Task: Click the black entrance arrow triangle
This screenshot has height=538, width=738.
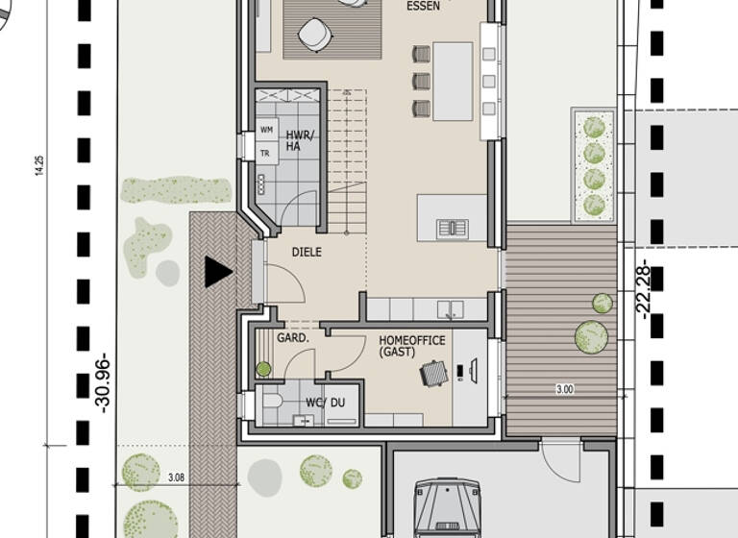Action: point(217,272)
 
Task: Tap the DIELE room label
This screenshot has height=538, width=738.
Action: point(307,253)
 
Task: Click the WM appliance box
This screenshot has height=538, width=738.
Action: point(266,130)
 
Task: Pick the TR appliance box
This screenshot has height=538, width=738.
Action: point(266,153)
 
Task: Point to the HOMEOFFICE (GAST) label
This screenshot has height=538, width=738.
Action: point(411,347)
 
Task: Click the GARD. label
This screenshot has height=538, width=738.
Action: point(292,338)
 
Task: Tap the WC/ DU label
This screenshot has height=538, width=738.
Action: point(324,403)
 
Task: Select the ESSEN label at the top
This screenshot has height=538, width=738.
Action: point(424,5)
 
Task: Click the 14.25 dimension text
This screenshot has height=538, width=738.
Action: point(39,164)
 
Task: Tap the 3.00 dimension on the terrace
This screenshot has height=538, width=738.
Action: point(564,389)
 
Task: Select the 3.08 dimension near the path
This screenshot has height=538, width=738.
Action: point(176,477)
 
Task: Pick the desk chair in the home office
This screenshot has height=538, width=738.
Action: point(434,372)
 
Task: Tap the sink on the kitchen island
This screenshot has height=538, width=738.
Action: point(451,228)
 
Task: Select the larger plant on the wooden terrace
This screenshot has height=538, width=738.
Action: point(591,335)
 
